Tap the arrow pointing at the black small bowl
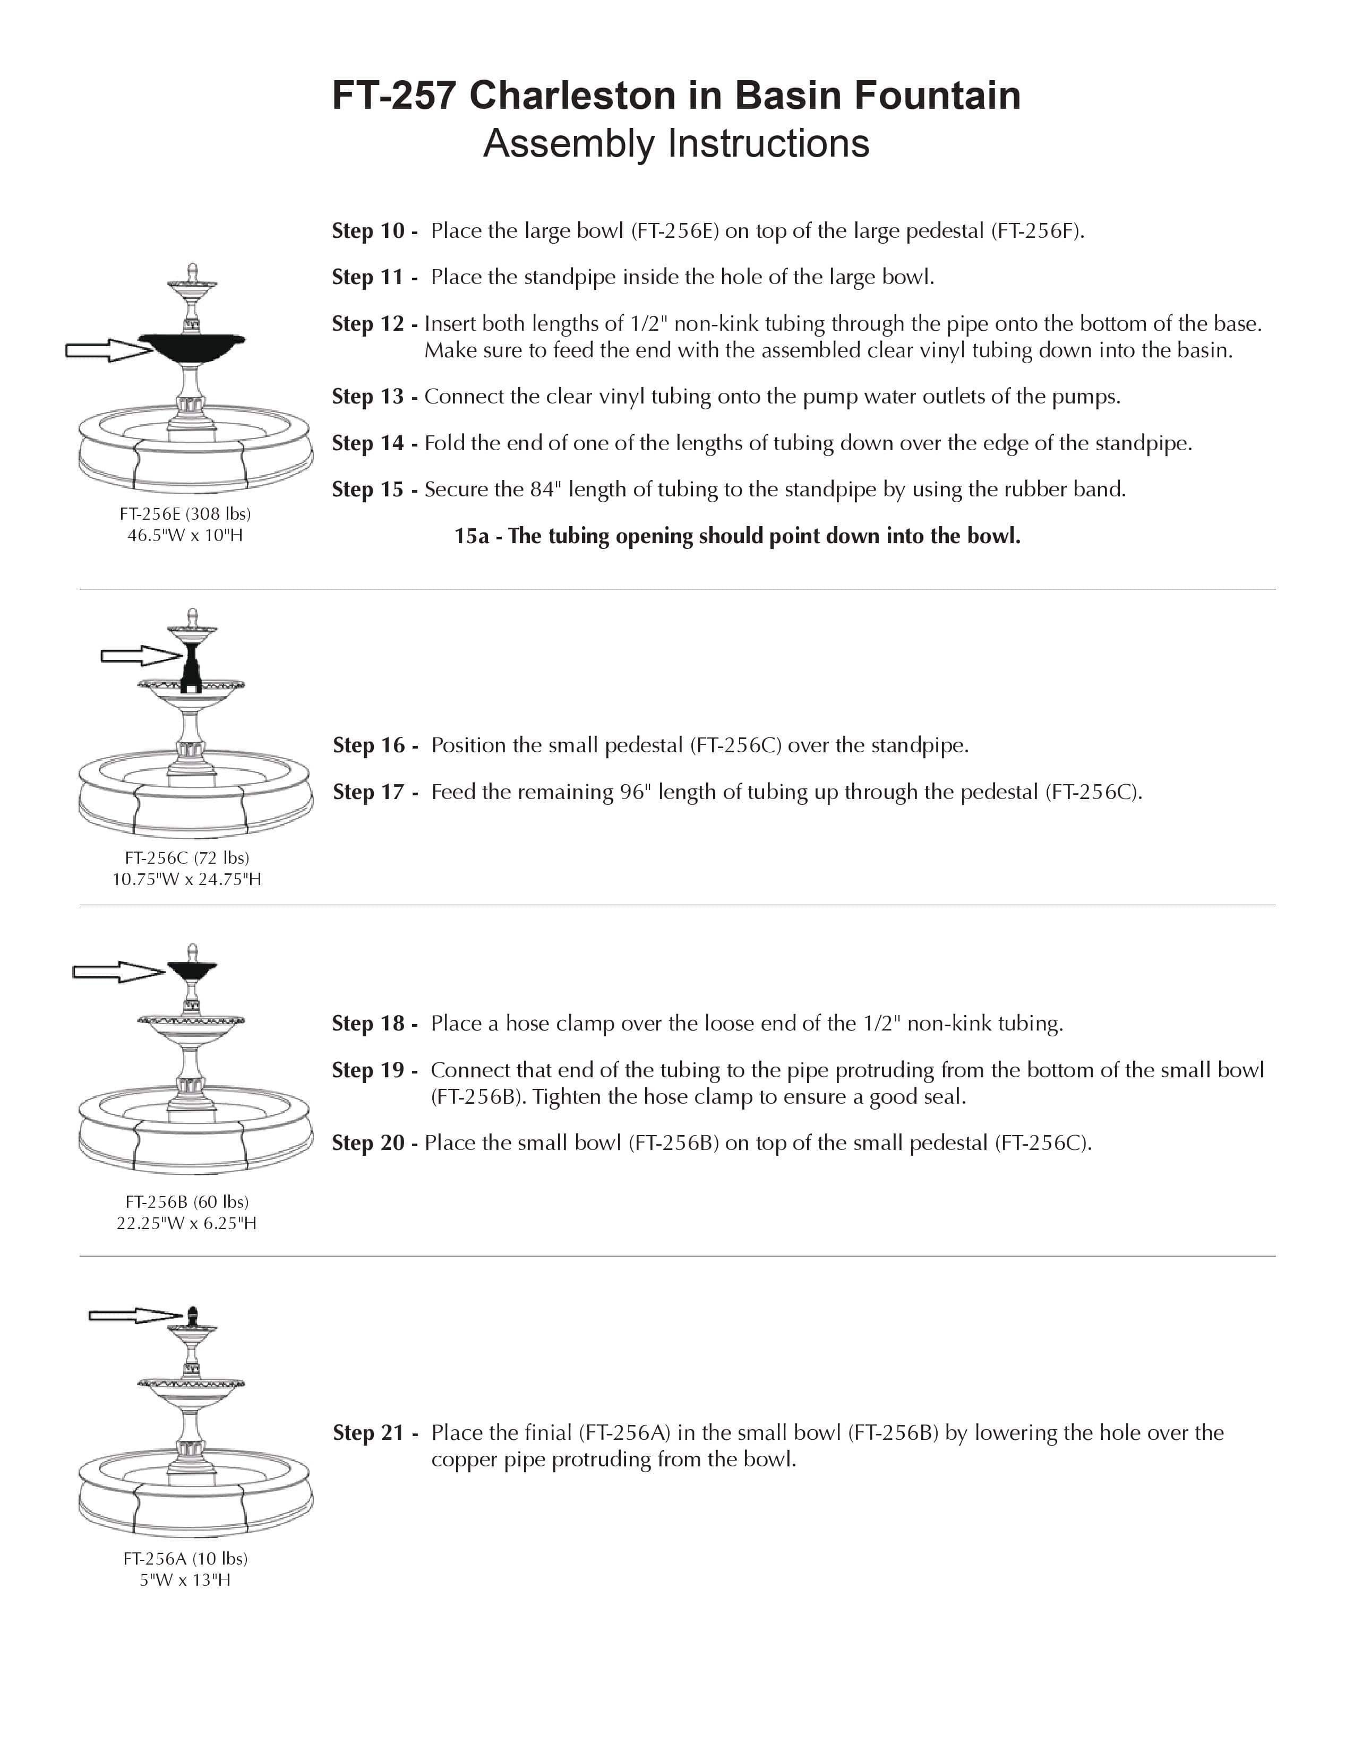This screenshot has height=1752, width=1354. pyautogui.click(x=118, y=972)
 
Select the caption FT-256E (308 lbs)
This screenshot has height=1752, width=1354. pyautogui.click(x=185, y=513)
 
